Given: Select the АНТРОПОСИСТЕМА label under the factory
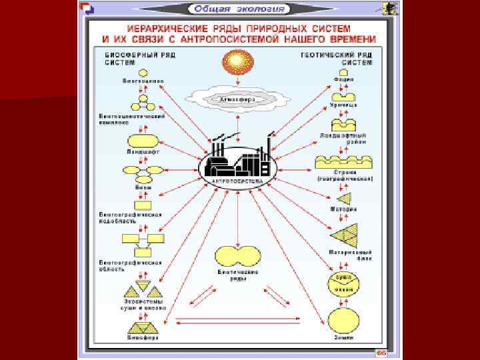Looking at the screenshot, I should pos(237,181).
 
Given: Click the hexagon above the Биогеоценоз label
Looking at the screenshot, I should pos(143,73).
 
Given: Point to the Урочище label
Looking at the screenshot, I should pos(343,105).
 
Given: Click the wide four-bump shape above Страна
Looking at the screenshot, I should pos(343,163).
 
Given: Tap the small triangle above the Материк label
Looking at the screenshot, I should pos(345,198).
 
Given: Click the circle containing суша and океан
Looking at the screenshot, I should pos(344,283).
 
